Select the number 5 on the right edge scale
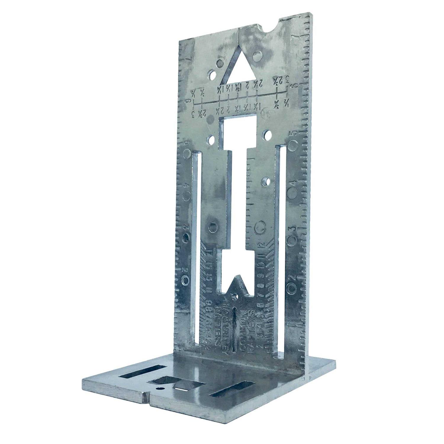coord(294,134)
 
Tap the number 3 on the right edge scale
coord(292,229)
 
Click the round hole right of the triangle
coord(259,55)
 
